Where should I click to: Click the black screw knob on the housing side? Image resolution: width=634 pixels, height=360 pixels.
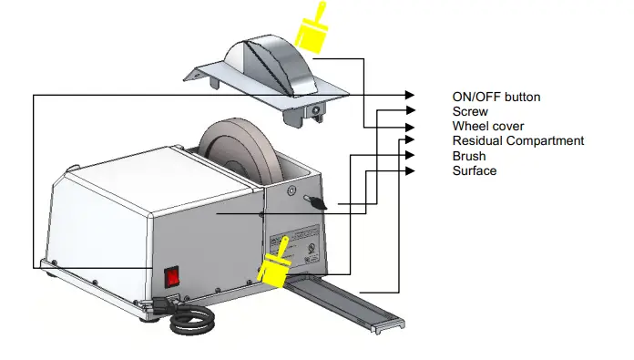coord(315,203)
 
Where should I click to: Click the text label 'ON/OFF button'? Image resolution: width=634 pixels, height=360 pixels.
coord(496,97)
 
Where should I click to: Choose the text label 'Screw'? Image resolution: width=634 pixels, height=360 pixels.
coord(470,111)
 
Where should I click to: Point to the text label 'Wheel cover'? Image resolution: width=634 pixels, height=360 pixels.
coord(488,126)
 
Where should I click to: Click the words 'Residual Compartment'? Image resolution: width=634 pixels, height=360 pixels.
coord(517,140)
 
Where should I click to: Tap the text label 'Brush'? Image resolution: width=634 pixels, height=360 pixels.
coord(469,156)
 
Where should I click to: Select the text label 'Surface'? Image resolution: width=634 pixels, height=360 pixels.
coord(475,170)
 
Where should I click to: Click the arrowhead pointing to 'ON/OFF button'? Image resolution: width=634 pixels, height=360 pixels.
coord(409,95)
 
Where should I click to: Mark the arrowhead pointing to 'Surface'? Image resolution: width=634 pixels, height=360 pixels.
coord(409,170)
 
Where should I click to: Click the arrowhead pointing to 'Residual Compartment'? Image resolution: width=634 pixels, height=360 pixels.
coord(409,139)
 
